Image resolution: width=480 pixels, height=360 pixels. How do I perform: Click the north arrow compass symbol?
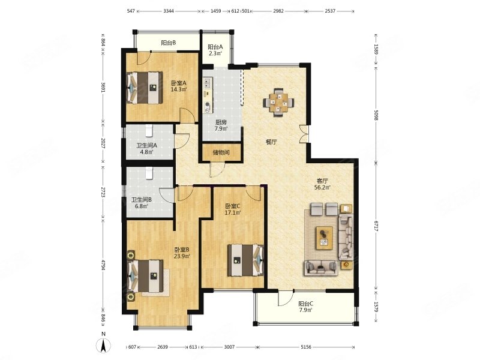[x=104, y=346]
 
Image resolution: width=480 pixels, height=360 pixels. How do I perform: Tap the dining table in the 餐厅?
[x=278, y=103]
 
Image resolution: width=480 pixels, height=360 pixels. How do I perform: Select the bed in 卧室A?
[x=145, y=88]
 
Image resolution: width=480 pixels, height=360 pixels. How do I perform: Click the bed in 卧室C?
[x=245, y=260]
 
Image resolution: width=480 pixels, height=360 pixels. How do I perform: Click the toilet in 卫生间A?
[x=149, y=130]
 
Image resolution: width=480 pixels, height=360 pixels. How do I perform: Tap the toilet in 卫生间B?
[x=149, y=173]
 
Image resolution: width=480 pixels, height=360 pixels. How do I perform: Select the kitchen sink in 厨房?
[x=207, y=83]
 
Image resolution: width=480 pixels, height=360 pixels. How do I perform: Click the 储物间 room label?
[x=221, y=152]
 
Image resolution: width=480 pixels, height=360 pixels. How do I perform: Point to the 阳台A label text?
[x=215, y=47]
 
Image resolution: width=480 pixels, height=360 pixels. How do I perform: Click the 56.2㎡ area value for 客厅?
[x=322, y=187]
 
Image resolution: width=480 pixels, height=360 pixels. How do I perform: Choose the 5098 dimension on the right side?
[x=376, y=113]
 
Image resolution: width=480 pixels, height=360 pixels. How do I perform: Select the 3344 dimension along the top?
[x=169, y=11]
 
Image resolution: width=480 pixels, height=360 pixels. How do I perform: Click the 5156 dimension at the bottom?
[x=306, y=347]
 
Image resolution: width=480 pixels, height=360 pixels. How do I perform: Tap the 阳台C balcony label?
[x=305, y=304]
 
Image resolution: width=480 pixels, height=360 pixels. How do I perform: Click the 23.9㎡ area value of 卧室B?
[x=182, y=256]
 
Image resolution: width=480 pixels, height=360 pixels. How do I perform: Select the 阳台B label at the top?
[x=168, y=43]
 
